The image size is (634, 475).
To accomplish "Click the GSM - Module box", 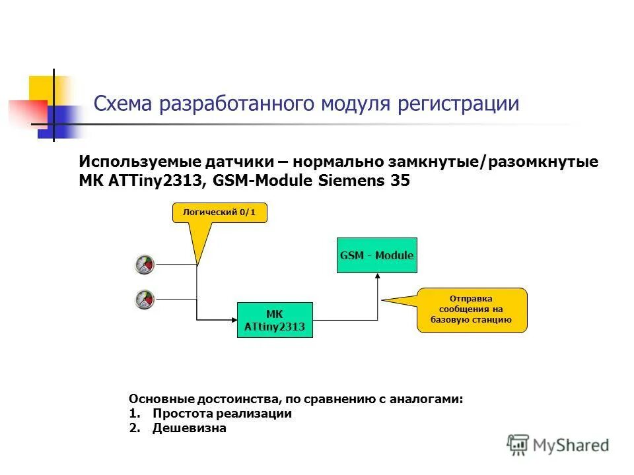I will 377,255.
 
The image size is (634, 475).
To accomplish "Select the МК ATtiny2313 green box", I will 275,320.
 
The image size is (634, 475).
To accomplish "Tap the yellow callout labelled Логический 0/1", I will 219,212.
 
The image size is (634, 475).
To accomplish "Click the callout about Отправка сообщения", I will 472,309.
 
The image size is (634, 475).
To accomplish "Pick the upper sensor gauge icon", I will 144,265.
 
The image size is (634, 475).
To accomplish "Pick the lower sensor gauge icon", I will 144,300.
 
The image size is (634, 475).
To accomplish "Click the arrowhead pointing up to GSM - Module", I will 378,277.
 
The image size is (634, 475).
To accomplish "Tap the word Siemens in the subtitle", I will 355,181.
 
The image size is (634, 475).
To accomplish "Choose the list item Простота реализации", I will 222,414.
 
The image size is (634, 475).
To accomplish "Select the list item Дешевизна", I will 189,428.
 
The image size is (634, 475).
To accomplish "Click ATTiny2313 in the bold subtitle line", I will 153,181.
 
